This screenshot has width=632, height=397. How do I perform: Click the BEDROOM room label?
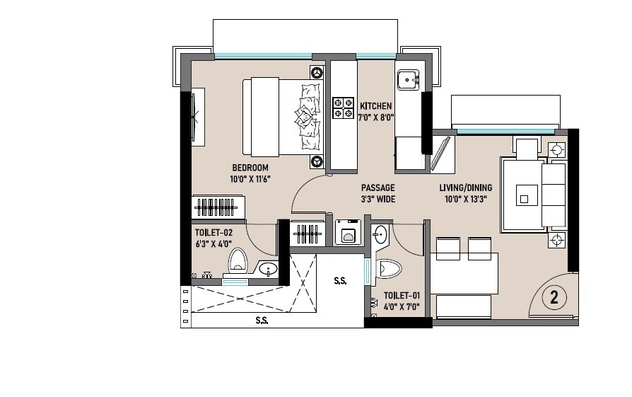(x=250, y=168)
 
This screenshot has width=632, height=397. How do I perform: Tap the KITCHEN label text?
(x=375, y=106)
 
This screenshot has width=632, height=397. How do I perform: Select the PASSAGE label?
(x=378, y=188)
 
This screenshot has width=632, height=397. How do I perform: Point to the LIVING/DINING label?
(x=466, y=188)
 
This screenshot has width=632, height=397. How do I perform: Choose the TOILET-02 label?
(x=214, y=231)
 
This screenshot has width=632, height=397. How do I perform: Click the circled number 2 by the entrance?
(x=554, y=298)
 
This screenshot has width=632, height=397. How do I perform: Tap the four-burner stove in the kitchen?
(x=343, y=107)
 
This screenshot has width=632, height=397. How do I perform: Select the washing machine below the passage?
(x=347, y=232)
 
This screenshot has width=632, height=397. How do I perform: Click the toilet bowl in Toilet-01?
(x=390, y=269)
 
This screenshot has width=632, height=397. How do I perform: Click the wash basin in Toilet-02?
(x=268, y=269)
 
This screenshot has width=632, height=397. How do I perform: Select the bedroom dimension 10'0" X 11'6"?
(x=250, y=180)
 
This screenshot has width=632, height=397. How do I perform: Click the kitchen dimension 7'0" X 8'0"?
(x=375, y=118)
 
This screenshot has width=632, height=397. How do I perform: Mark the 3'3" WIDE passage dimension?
(x=378, y=200)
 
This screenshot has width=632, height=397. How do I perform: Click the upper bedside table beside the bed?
(x=317, y=72)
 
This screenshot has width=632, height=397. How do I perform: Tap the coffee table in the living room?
(x=525, y=194)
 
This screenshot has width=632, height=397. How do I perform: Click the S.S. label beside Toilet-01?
(x=340, y=281)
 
